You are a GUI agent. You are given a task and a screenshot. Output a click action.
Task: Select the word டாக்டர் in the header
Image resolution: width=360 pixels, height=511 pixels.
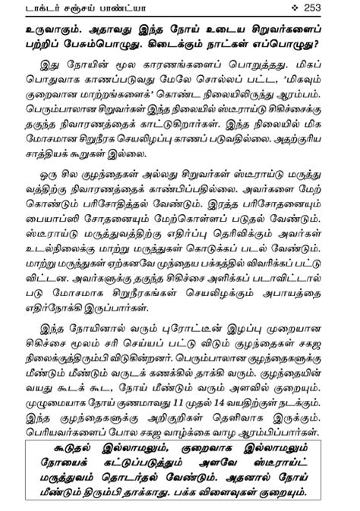coord(46,8)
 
